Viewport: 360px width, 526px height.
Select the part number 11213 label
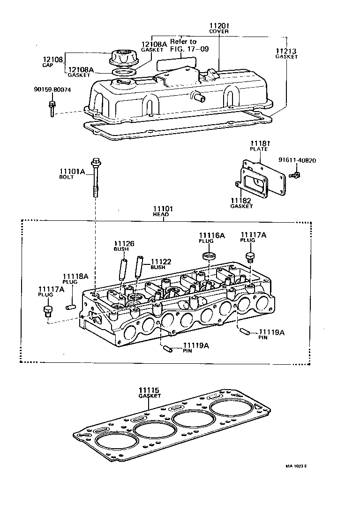point(286,50)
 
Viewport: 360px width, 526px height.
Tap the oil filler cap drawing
point(123,57)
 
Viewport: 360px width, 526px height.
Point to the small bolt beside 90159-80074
point(52,107)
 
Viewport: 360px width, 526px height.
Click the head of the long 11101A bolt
point(96,163)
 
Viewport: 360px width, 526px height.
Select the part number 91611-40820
point(297,160)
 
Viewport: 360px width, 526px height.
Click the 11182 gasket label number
point(241,200)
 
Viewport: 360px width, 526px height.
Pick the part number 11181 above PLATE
point(258,143)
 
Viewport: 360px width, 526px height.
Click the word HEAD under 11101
point(161,214)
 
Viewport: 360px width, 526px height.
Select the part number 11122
point(161,261)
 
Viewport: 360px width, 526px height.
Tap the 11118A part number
point(75,277)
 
